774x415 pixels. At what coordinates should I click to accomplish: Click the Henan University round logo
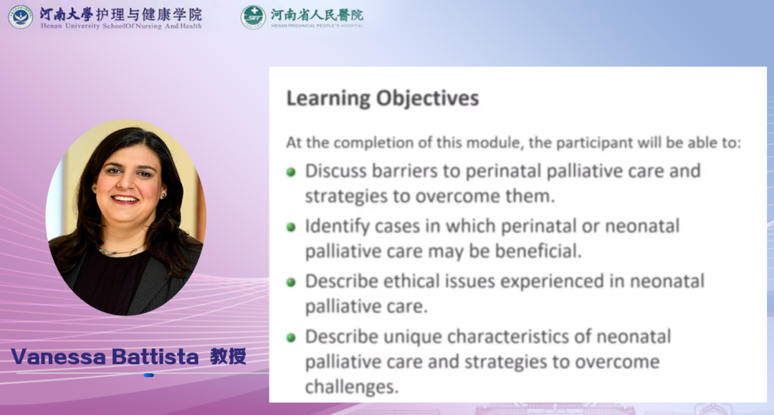(21, 16)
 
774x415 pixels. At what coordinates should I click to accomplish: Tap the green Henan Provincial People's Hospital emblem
(253, 16)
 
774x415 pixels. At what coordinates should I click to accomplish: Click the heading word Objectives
(427, 97)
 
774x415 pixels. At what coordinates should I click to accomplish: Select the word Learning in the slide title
(328, 98)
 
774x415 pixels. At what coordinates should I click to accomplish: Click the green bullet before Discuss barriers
(291, 172)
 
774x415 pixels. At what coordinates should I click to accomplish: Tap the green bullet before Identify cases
(291, 227)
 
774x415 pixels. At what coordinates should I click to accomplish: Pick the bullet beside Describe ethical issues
(291, 282)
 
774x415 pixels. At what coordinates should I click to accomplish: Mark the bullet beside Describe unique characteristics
(291, 338)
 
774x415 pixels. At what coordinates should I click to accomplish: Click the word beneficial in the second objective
(538, 251)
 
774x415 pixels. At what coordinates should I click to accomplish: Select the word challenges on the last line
(351, 386)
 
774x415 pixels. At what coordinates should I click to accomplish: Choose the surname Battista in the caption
(155, 356)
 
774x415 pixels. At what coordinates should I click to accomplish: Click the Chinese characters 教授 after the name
(228, 356)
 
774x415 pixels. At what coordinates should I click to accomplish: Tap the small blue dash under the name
(148, 376)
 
